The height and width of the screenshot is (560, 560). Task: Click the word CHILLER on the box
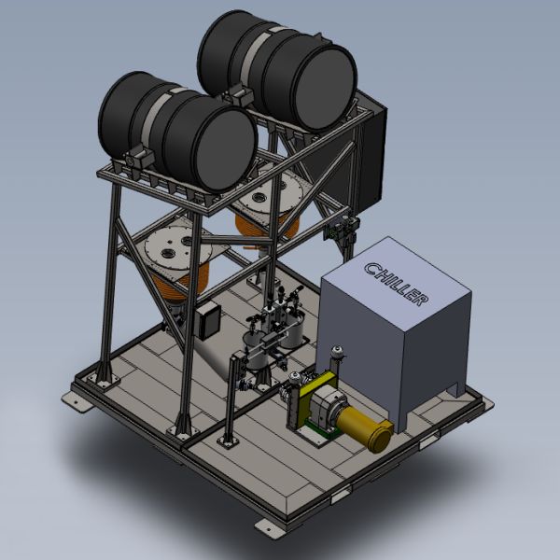(397, 284)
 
